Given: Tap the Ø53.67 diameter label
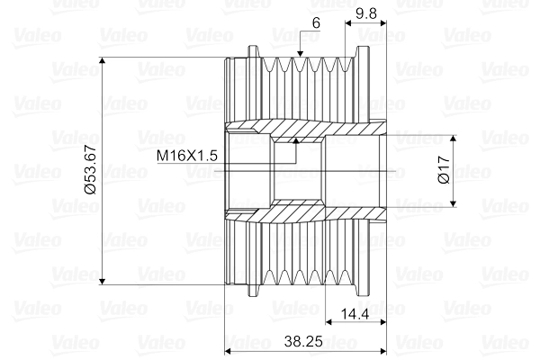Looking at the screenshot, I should pos(90,172).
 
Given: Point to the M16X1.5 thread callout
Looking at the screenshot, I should pos(187,156).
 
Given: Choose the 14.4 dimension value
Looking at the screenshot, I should pos(355,314).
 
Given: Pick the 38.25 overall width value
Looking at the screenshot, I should pos(306,342).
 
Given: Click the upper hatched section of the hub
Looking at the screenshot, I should pos(297,133).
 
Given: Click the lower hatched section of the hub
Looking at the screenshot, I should pos(297,212).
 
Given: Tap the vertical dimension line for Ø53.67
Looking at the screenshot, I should pos(103,225).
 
